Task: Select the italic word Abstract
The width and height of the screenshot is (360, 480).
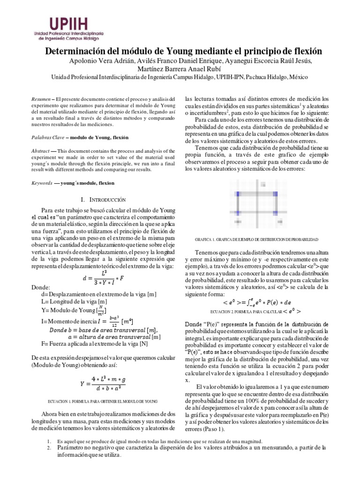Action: click(x=40, y=151)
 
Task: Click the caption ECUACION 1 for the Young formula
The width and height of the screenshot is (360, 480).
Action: click(x=103, y=402)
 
